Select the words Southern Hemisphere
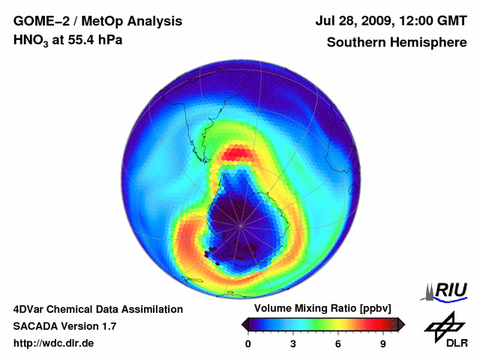395,42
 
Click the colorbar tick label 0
248,343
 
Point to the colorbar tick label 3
293,343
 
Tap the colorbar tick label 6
338,343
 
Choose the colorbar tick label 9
382,343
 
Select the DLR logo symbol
442,325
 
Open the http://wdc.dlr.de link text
54,343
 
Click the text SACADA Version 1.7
64,326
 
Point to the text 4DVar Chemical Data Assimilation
98,309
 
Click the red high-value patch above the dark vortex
239,154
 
